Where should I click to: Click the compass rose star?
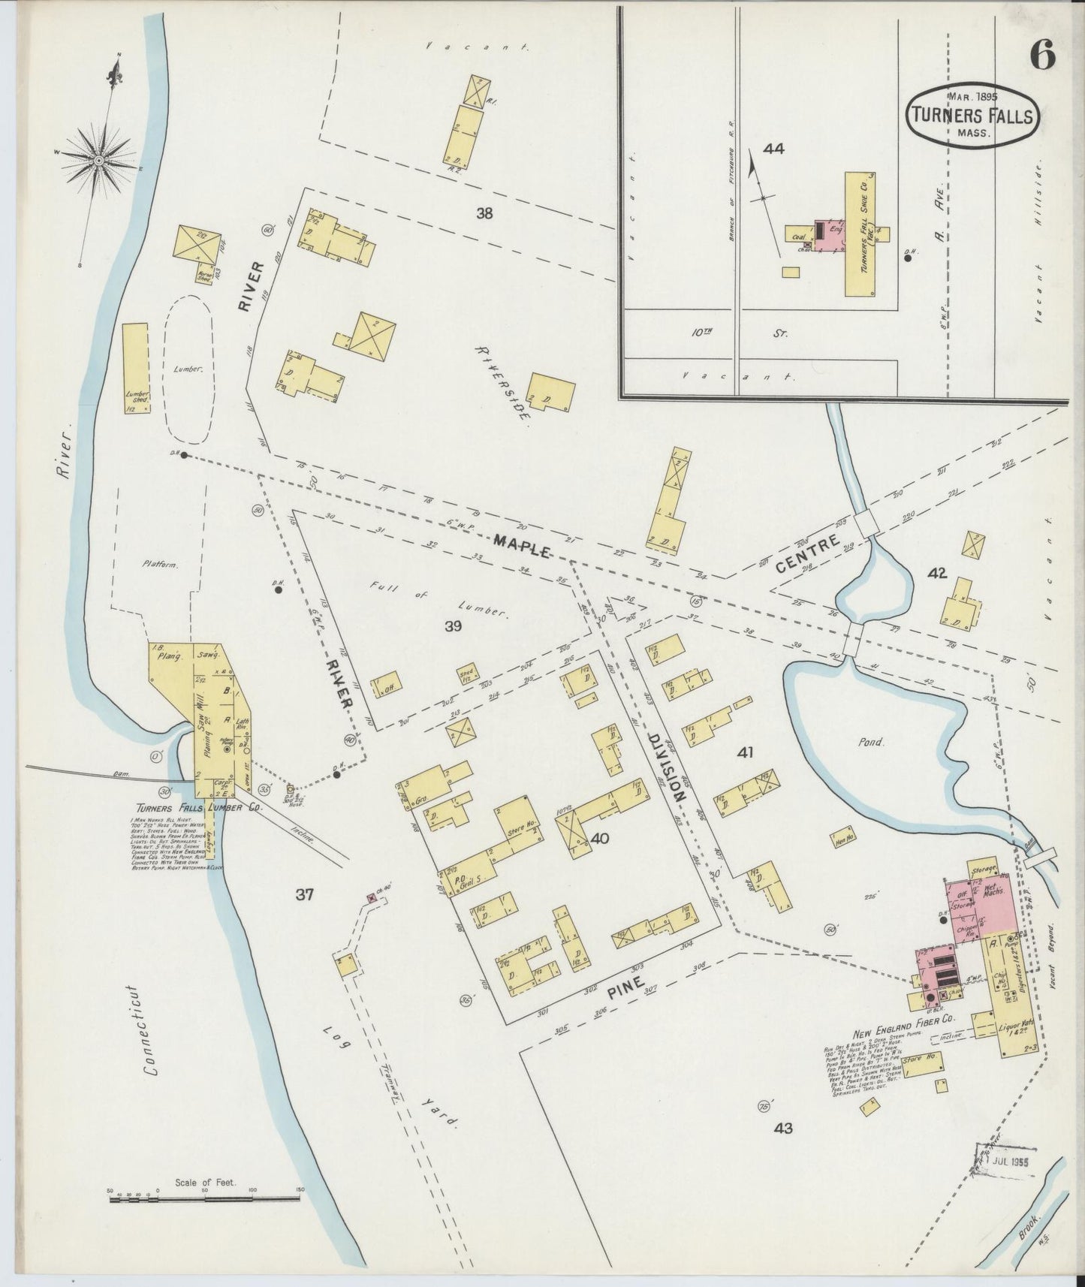pyautogui.click(x=99, y=160)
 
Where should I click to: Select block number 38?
pyautogui.click(x=484, y=213)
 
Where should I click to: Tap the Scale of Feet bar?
pyautogui.click(x=204, y=1199)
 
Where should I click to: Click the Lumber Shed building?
pyautogui.click(x=135, y=368)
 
